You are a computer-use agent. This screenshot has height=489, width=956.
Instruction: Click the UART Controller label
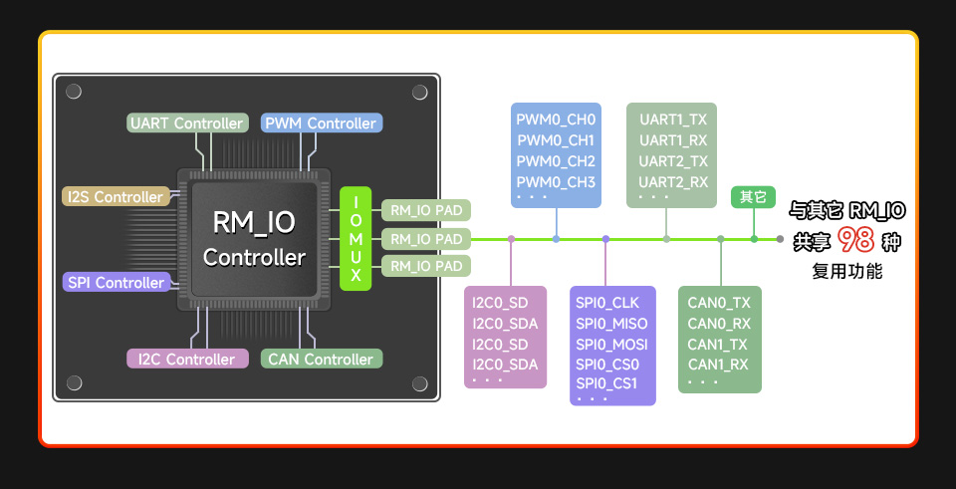(187, 123)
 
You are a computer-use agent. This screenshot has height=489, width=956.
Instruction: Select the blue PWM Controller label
(321, 123)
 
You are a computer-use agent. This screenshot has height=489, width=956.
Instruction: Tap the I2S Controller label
(116, 197)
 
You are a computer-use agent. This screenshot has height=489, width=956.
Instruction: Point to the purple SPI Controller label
(116, 283)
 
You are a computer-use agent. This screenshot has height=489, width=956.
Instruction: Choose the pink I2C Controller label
(185, 360)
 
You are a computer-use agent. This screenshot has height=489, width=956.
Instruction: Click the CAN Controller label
(321, 360)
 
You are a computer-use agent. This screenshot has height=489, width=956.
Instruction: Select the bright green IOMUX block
(356, 239)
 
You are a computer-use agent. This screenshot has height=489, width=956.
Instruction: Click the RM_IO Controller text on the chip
(255, 239)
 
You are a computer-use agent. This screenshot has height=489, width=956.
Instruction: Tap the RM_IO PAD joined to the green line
(426, 239)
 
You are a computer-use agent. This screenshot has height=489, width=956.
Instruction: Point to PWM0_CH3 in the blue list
(556, 182)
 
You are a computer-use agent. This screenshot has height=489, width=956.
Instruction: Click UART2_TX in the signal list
(673, 161)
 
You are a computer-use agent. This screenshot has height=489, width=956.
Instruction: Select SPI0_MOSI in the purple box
(611, 345)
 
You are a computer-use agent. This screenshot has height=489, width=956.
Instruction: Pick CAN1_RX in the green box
(718, 365)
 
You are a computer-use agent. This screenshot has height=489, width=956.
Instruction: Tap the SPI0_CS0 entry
(607, 365)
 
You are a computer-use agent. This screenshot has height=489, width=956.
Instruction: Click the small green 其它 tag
(753, 197)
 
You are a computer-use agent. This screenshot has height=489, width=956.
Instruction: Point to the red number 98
(856, 241)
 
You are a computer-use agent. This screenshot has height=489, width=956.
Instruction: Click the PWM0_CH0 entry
(556, 120)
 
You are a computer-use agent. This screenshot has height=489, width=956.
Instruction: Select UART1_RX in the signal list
(673, 140)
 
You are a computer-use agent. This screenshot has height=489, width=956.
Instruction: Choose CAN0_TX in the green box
(719, 303)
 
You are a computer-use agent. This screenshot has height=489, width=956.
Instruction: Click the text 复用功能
(846, 271)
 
